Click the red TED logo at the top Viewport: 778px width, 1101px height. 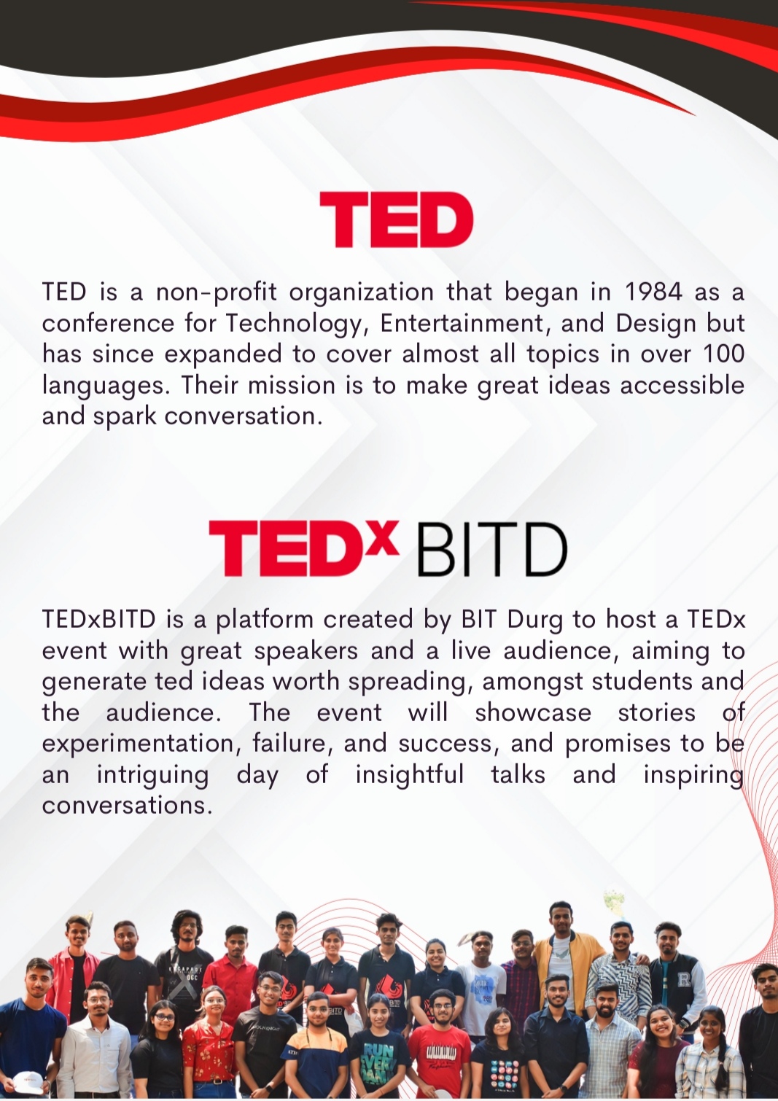[396, 219]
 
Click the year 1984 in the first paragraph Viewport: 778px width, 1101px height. [654, 292]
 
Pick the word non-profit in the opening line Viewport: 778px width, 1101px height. [217, 293]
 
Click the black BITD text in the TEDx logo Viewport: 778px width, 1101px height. [492, 550]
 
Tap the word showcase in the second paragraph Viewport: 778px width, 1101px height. [533, 713]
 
